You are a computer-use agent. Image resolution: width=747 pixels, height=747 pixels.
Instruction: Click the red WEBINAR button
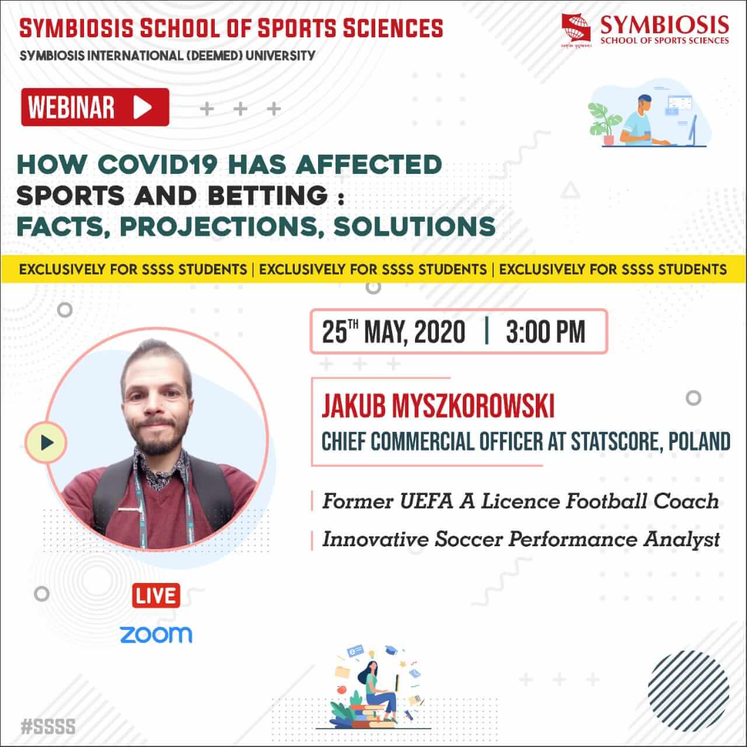(95, 107)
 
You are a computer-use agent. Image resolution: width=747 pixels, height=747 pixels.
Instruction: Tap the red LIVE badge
(156, 596)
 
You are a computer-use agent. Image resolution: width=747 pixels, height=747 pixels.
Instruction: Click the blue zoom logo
(156, 635)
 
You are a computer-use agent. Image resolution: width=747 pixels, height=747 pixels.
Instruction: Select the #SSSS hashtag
(48, 726)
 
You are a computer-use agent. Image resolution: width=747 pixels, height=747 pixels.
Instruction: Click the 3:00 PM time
(546, 331)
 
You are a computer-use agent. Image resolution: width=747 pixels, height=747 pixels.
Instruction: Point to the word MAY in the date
(385, 332)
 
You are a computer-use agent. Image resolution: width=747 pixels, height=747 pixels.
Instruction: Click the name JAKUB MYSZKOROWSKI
(438, 406)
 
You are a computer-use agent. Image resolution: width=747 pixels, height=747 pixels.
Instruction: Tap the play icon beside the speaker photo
(46, 442)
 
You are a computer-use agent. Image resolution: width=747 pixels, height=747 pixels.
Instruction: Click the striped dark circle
(689, 691)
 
